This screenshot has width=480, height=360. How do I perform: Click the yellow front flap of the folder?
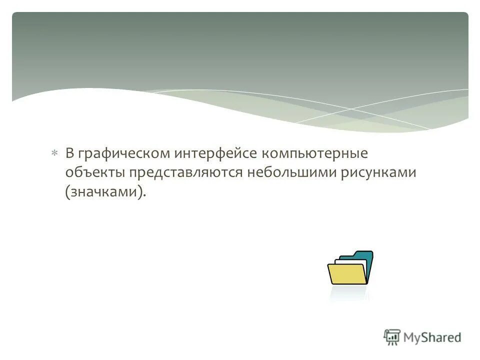coord(347,274)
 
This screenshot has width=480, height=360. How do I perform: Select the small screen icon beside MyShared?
coord(391,337)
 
